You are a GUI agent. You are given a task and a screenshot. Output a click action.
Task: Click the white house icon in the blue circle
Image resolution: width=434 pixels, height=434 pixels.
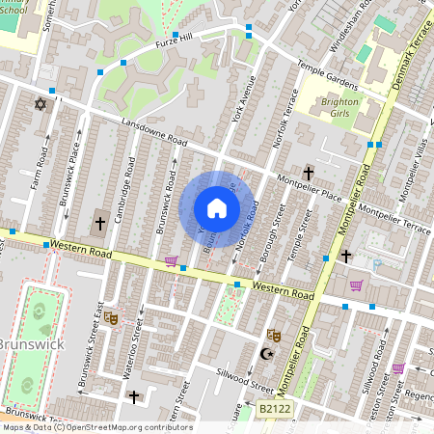[217, 208]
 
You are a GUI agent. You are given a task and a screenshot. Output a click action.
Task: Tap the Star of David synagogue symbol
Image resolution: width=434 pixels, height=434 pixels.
[41, 103]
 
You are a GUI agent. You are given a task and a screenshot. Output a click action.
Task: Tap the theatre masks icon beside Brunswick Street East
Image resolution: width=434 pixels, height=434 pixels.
[110, 317]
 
